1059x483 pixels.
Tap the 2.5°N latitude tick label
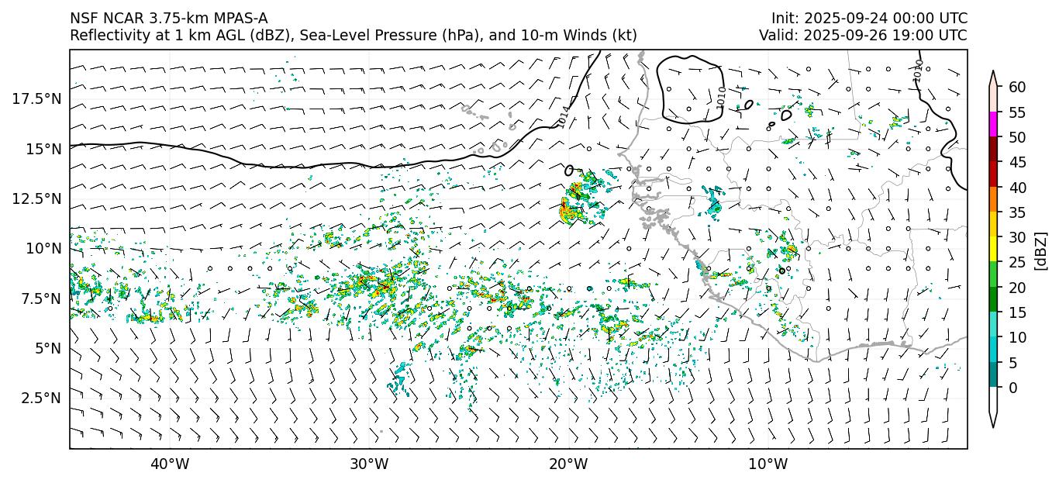[39, 398]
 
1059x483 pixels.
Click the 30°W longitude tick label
[369, 464]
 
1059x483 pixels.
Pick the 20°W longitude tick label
[568, 464]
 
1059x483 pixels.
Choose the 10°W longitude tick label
[768, 464]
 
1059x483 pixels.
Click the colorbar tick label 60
[1016, 87]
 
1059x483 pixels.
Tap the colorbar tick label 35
[1016, 212]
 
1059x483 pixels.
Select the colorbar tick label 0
[1012, 388]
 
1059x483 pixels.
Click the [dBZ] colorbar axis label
[1041, 250]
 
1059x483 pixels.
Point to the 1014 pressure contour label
[564, 117]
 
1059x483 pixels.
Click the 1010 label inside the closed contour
[721, 97]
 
